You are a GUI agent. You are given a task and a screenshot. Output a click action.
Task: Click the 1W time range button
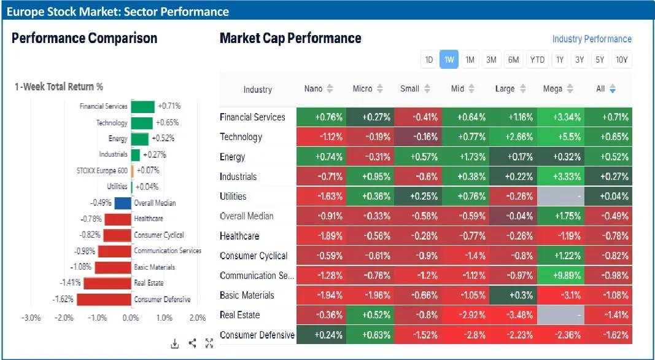click(449, 60)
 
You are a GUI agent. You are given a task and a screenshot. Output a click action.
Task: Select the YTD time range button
click(537, 60)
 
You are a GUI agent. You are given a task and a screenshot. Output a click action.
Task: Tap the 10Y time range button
click(622, 60)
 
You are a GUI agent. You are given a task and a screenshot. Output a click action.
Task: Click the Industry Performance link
click(591, 39)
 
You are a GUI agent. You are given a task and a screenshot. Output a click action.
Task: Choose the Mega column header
click(552, 89)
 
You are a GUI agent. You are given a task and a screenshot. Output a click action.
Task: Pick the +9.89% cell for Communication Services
click(560, 275)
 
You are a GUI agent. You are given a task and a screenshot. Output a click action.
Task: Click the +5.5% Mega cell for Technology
click(560, 137)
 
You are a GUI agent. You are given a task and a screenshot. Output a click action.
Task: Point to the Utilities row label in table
click(233, 197)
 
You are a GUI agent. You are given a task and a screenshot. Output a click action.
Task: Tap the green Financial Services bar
click(142, 106)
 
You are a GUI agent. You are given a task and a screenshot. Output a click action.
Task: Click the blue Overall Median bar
click(123, 203)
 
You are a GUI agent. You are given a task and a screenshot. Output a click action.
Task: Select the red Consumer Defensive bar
click(104, 299)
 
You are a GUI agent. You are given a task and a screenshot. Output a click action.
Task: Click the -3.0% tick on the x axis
click(31, 318)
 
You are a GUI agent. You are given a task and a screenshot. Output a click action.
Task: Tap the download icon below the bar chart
click(175, 343)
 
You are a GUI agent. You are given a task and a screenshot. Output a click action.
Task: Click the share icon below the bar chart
click(192, 343)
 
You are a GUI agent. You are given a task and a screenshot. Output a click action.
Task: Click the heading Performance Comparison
click(84, 38)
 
